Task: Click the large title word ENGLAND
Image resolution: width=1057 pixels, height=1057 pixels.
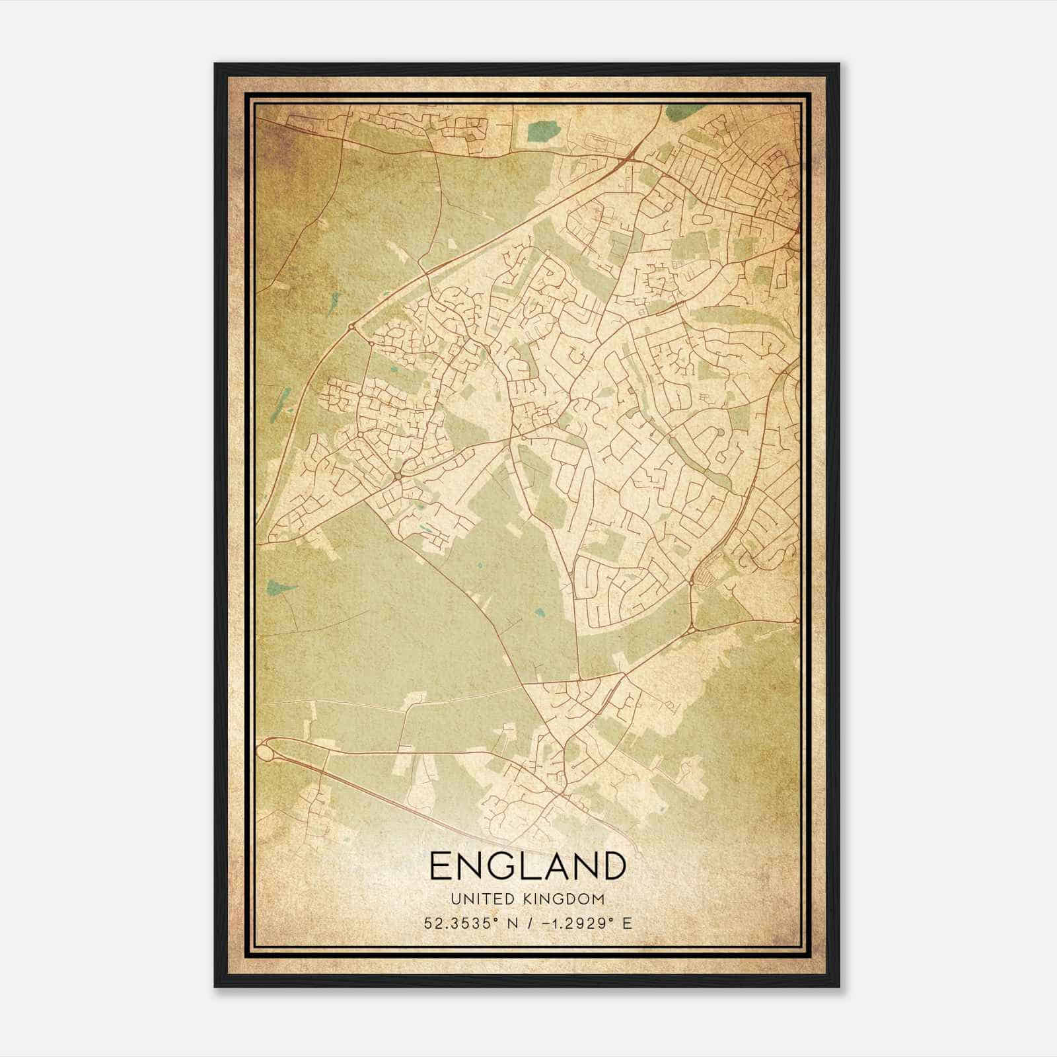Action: [x=527, y=866]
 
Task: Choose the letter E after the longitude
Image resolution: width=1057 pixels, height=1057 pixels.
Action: [x=627, y=923]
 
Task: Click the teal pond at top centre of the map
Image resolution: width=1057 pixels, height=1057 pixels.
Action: [x=542, y=130]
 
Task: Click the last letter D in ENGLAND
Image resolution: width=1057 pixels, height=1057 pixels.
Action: [x=613, y=866]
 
